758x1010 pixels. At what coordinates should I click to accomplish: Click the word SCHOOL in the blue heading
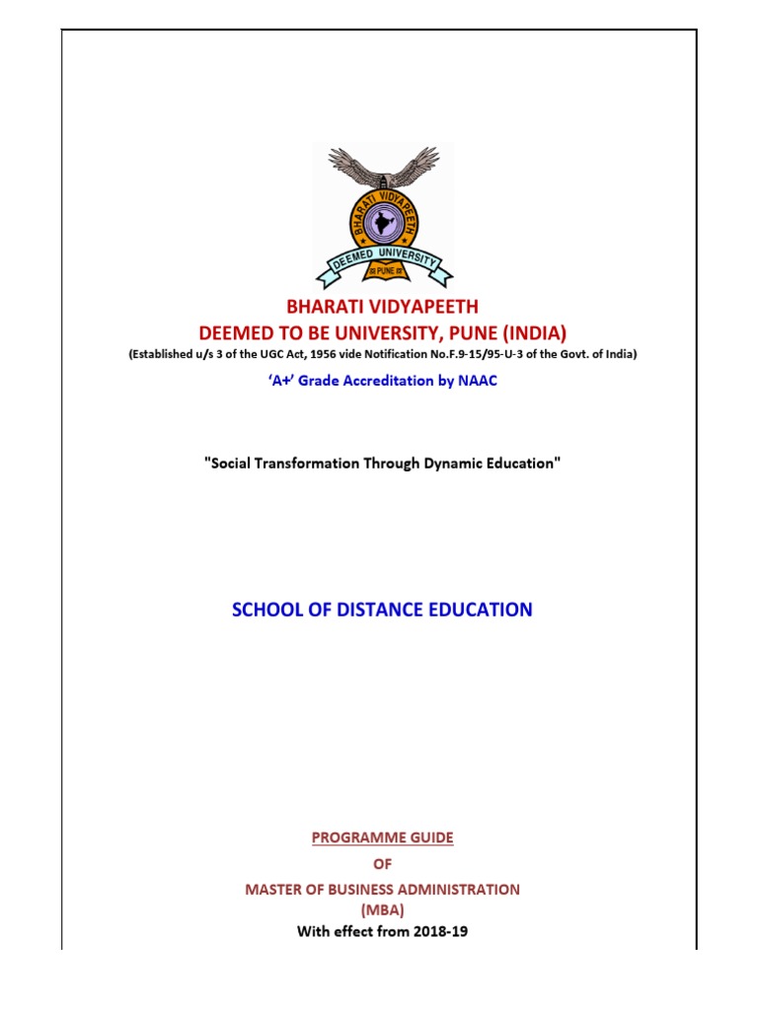click(265, 610)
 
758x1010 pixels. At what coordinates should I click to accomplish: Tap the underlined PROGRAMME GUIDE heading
click(383, 837)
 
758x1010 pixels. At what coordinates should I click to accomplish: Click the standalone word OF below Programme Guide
click(383, 863)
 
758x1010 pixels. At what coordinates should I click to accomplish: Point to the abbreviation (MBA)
click(383, 908)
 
